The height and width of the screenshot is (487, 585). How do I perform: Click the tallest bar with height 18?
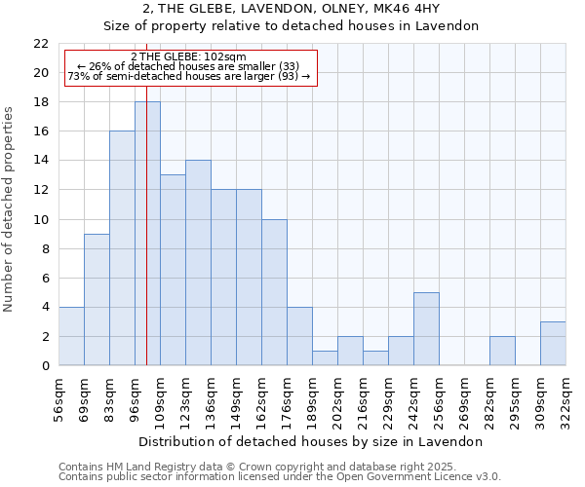[x=147, y=234]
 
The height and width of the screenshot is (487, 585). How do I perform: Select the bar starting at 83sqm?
[x=122, y=248]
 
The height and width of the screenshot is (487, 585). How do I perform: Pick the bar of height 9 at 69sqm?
[x=97, y=300]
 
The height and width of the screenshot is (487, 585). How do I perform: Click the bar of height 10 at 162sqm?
[x=274, y=292]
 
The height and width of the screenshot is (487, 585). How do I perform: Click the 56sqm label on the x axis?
[x=58, y=395]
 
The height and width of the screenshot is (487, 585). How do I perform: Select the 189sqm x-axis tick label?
[x=312, y=395]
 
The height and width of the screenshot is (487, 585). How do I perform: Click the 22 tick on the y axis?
[x=41, y=44]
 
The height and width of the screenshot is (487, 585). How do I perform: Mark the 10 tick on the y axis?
[x=41, y=220]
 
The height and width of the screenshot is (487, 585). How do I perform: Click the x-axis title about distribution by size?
[x=311, y=441]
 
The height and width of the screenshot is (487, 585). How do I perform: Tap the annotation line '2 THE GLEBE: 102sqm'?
[x=188, y=57]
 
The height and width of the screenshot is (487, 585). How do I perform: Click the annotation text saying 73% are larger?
[x=188, y=76]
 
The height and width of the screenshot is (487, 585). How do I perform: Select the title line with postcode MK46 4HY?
[x=292, y=9]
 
